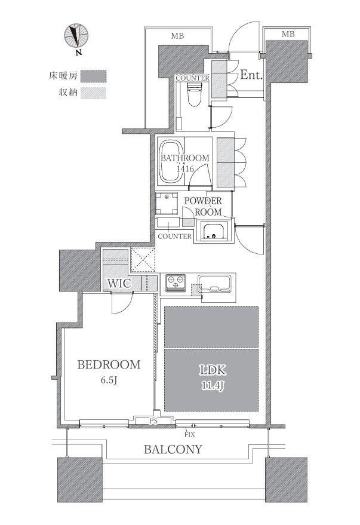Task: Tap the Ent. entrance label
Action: [x=251, y=75]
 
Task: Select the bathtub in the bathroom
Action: [x=171, y=162]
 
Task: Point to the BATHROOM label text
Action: [x=185, y=158]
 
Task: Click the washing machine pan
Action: [x=167, y=203]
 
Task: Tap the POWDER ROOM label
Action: [x=203, y=206]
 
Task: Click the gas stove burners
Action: [x=176, y=283]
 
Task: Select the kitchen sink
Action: [x=214, y=284]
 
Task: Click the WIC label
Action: [x=119, y=283]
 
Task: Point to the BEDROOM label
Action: [x=109, y=364]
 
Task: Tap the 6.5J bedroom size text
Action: [x=109, y=380]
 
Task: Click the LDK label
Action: [x=213, y=370]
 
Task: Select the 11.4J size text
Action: [x=213, y=386]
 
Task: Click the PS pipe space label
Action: [x=153, y=422]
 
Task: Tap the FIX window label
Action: [x=189, y=435]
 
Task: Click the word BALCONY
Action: [x=173, y=449]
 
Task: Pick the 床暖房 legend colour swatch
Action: [x=93, y=76]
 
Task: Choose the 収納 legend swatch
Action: [x=93, y=93]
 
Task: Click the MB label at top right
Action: [x=288, y=34]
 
